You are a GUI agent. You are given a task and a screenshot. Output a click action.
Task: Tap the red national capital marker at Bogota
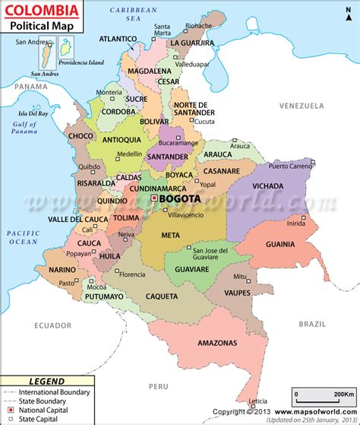[x=155, y=198]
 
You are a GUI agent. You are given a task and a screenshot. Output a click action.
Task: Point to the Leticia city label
[x=259, y=401]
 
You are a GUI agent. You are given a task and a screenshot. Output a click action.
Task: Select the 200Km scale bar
[x=323, y=396]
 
